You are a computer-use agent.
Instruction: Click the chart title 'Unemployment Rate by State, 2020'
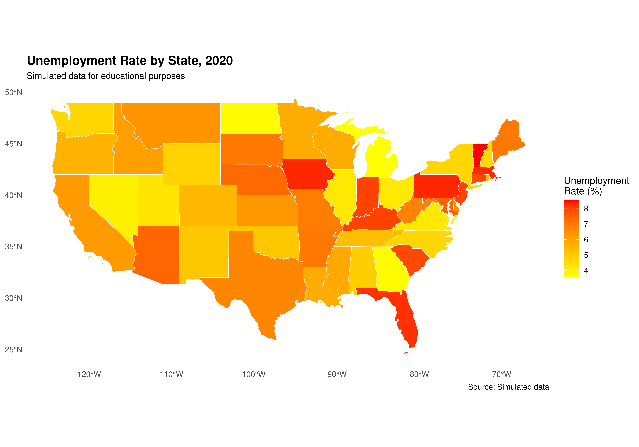tap(130, 61)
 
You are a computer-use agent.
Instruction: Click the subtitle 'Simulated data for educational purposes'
tap(106, 76)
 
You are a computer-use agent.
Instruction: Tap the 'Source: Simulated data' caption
tap(508, 387)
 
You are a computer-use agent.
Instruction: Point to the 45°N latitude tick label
tap(13, 144)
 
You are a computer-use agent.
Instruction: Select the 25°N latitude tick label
tap(13, 349)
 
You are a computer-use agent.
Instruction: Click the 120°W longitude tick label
tap(89, 374)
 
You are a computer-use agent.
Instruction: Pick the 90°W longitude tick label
tap(337, 374)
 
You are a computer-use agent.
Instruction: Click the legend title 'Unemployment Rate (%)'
tap(596, 186)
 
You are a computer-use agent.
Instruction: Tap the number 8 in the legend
tap(586, 209)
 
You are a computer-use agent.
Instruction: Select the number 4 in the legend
tap(586, 271)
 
